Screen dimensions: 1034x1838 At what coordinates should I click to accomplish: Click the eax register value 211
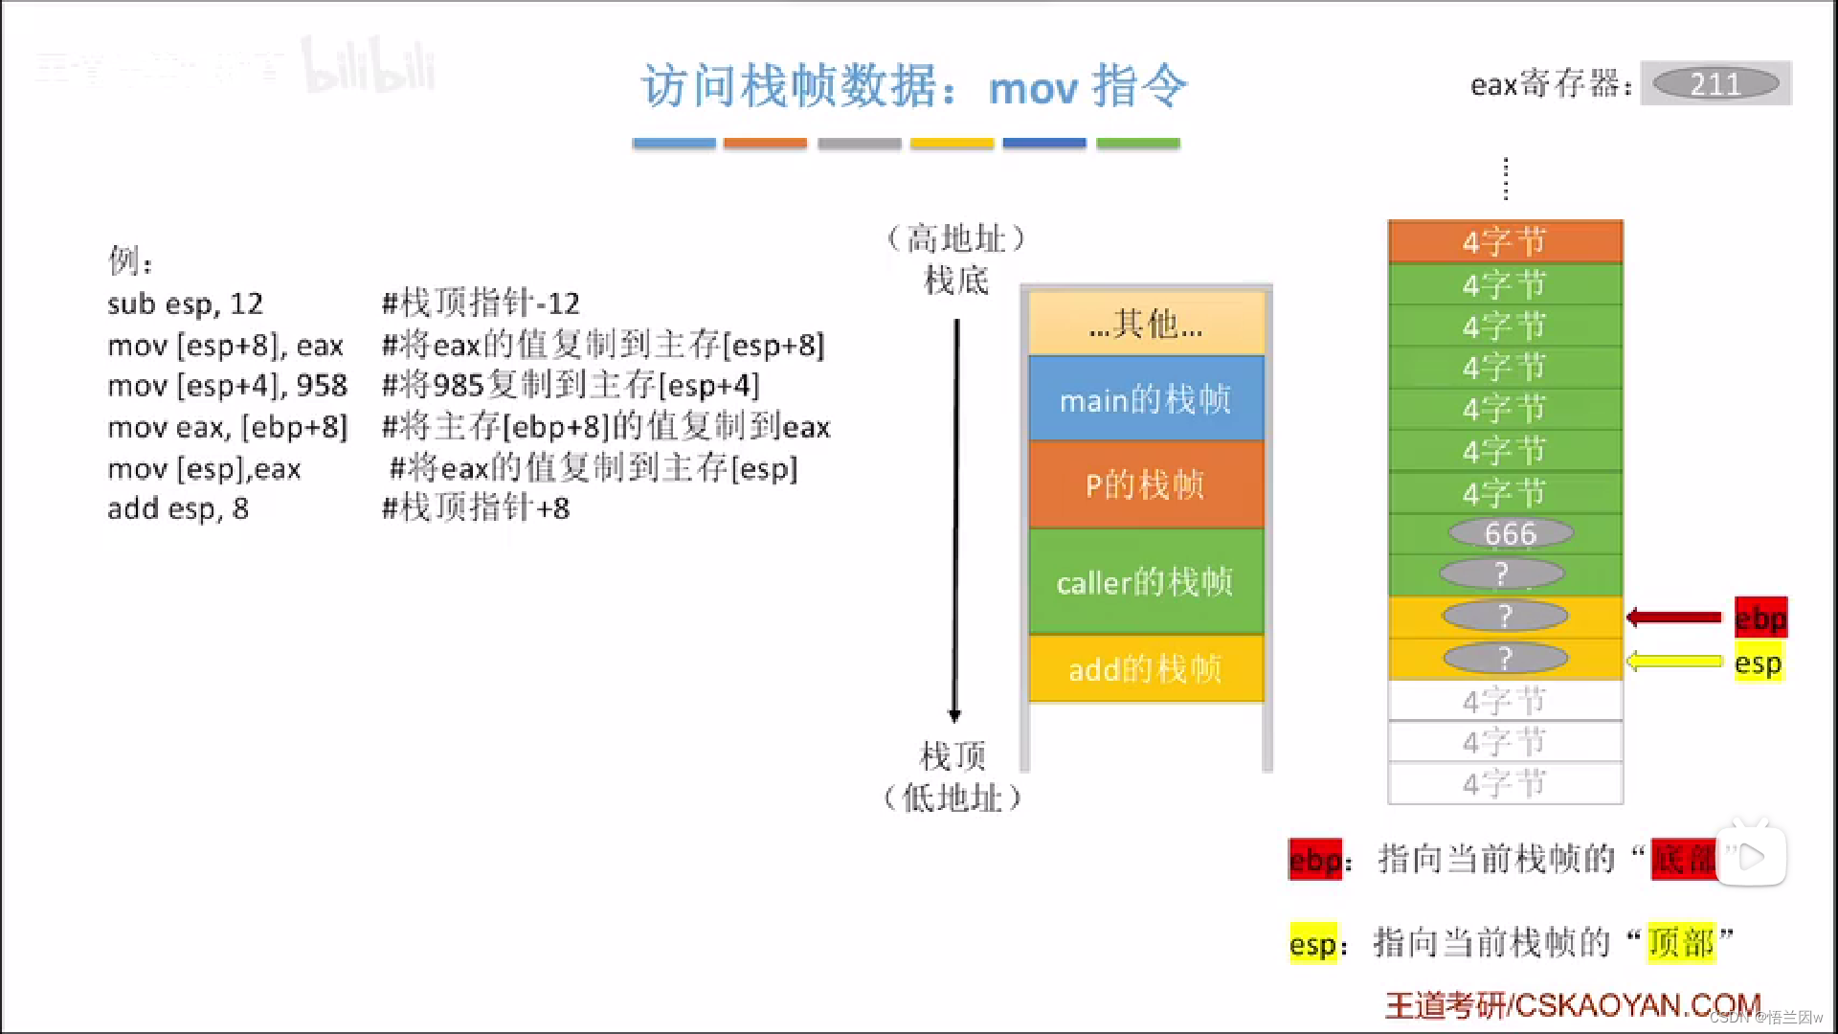(1715, 84)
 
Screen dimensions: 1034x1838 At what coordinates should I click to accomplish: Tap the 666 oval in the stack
(1510, 533)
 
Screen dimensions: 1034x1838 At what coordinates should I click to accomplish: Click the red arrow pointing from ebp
(1674, 618)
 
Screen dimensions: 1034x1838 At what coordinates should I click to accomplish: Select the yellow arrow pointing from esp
(1674, 661)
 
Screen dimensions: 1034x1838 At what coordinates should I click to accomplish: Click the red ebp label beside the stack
(1760, 618)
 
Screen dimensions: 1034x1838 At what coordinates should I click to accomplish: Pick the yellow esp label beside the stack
(1758, 663)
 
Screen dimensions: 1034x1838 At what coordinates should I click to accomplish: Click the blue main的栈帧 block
(1146, 399)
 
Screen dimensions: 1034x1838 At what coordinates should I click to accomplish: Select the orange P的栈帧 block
(1146, 485)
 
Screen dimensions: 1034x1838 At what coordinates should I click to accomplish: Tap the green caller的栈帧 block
(1146, 581)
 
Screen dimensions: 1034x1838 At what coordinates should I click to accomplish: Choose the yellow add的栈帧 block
(1146, 668)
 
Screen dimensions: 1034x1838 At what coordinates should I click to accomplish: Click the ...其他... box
(1146, 325)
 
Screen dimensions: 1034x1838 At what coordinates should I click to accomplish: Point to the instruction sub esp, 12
(185, 303)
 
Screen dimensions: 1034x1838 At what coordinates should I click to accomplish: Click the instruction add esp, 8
(178, 508)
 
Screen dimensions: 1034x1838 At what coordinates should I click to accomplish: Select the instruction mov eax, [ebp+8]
(228, 427)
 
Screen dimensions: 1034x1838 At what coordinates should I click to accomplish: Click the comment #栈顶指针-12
(481, 303)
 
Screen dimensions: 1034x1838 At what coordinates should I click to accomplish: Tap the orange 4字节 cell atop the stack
(1505, 241)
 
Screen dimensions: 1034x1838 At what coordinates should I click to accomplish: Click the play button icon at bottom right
(1751, 856)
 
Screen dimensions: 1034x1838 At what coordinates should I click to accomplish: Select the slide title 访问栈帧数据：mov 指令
(914, 86)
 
